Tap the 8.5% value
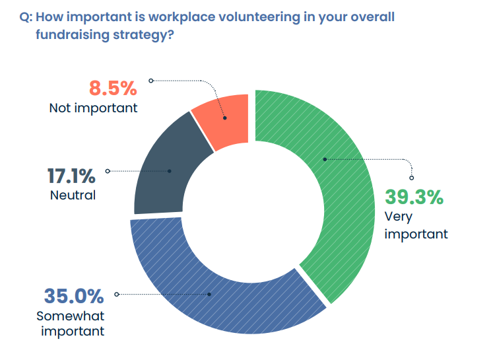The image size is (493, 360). tap(112, 88)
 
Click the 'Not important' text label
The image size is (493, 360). tap(93, 107)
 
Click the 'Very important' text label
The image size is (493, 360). tap(416, 225)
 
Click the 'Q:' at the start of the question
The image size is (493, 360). tap(26, 17)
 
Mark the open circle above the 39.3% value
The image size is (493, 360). tap(412, 178)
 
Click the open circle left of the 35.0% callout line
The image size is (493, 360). tap(117, 294)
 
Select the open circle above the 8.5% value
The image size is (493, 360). tap(150, 81)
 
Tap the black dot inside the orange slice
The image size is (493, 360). tap(225, 119)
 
